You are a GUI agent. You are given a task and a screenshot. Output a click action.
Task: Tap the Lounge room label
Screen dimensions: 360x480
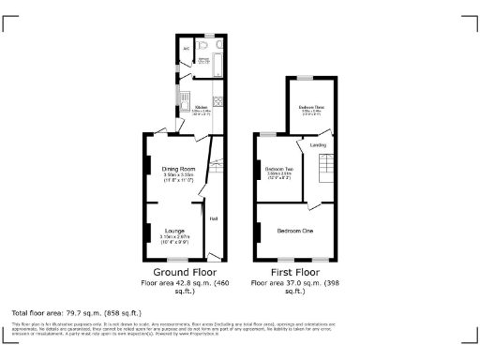tap(174, 230)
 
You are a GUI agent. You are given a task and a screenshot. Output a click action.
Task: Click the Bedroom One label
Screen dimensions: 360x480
tap(294, 231)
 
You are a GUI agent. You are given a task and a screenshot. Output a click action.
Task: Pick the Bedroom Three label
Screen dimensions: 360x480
tap(312, 108)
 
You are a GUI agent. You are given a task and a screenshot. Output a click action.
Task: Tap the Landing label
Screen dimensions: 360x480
tap(319, 145)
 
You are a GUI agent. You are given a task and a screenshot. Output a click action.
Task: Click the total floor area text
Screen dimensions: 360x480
tap(75, 311)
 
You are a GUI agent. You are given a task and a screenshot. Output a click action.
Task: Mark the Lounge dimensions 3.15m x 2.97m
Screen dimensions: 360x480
tap(174, 238)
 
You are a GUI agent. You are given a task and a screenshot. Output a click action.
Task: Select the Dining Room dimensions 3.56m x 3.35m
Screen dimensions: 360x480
tap(178, 177)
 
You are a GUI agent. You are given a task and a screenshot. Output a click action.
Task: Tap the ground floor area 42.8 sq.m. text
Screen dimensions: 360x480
tap(185, 282)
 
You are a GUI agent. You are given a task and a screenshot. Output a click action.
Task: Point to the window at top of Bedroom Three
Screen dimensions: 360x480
tap(306, 77)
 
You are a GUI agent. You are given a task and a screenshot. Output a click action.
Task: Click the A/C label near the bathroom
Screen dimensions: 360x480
tap(187, 48)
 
